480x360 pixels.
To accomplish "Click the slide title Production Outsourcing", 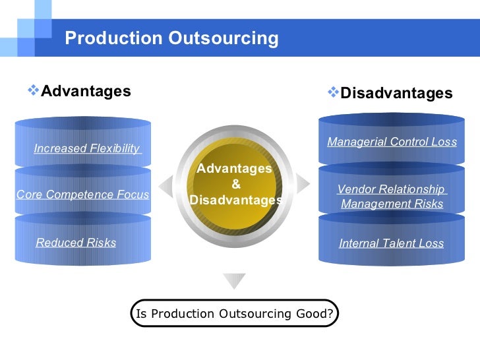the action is (x=171, y=38).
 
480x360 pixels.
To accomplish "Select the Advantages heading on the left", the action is (x=86, y=91).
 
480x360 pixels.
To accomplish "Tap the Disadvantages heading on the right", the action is (x=396, y=94).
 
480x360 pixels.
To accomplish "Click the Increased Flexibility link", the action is (x=87, y=148).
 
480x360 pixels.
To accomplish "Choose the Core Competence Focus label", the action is (x=82, y=195).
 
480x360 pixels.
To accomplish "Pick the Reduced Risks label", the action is (x=76, y=243).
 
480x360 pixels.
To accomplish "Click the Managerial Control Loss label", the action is (x=392, y=142).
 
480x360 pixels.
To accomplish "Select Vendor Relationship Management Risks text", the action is (x=392, y=196).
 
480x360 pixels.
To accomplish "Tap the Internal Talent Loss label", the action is (x=391, y=243).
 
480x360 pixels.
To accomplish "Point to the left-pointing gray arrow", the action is (x=165, y=184).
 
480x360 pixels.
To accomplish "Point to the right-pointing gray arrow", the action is (x=303, y=183).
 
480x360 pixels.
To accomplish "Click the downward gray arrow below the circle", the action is (x=234, y=281).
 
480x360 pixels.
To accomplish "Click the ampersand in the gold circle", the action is (x=235, y=184).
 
